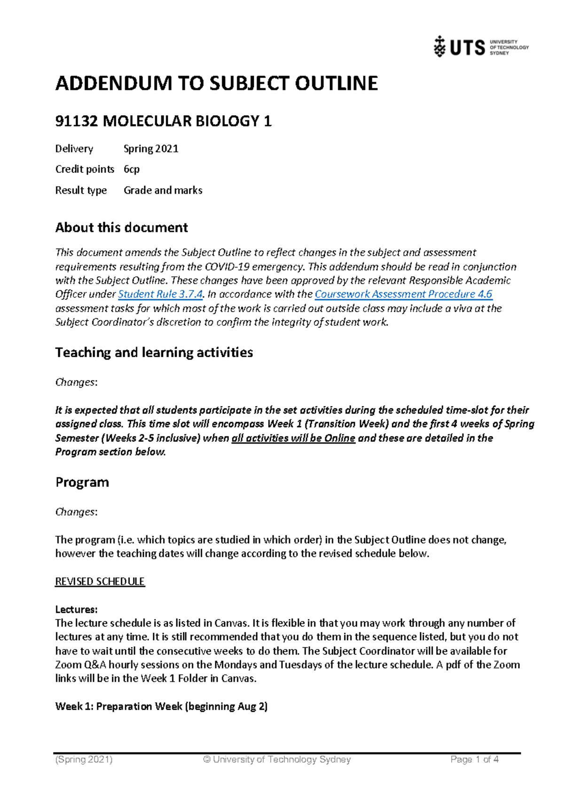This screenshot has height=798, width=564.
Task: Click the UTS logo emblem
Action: point(439,47)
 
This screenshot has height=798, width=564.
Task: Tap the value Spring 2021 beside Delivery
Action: point(151,149)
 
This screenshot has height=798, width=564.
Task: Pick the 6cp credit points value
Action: point(131,169)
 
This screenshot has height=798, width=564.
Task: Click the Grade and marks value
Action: point(163,190)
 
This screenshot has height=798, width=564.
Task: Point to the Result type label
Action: point(81,190)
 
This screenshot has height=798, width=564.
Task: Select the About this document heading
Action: point(121,228)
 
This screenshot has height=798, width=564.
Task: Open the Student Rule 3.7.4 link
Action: point(160,294)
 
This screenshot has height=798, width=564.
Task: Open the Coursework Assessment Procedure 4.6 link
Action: point(403,294)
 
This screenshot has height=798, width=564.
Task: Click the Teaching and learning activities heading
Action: point(154,352)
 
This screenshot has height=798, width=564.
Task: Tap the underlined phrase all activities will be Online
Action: point(293,438)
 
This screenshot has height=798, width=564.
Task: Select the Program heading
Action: point(82,483)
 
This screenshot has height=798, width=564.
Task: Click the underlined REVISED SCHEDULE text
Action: point(100,582)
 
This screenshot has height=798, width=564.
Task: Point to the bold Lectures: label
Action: point(76,610)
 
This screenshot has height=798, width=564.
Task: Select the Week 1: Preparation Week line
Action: point(161,706)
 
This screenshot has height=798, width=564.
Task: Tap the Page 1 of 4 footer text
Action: point(474,759)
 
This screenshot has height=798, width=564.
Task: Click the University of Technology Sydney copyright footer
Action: point(277,759)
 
